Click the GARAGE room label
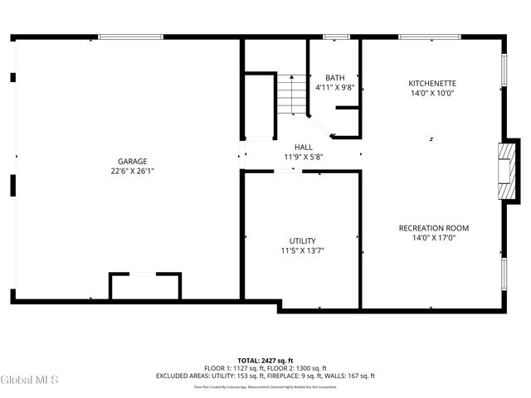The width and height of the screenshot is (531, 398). (132, 161)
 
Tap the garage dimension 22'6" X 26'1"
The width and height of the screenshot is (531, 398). (132, 171)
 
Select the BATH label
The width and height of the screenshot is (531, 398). (334, 77)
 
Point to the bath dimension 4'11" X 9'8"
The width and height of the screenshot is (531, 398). (334, 87)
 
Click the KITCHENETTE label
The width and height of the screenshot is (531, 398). (432, 83)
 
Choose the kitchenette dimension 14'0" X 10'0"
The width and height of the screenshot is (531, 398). (432, 93)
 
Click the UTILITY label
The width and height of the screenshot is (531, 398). (302, 240)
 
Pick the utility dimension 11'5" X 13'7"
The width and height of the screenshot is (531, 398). (302, 250)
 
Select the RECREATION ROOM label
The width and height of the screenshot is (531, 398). (434, 228)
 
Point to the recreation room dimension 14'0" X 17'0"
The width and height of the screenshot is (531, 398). (434, 238)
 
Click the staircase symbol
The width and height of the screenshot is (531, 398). (291, 94)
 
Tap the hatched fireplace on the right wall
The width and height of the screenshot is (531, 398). (504, 171)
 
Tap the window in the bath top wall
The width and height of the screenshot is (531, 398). (335, 36)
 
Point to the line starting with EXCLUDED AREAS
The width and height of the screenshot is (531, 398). (265, 376)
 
